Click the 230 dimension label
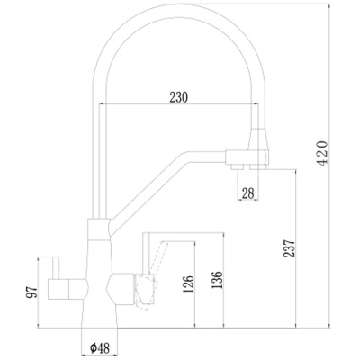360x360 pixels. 179,98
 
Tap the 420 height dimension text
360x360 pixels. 323,153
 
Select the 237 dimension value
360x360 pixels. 290,248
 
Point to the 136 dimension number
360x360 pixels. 217,280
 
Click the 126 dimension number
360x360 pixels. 188,284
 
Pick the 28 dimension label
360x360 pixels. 247,193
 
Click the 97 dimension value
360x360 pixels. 31,292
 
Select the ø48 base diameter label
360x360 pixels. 100,348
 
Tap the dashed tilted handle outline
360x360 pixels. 150,277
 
